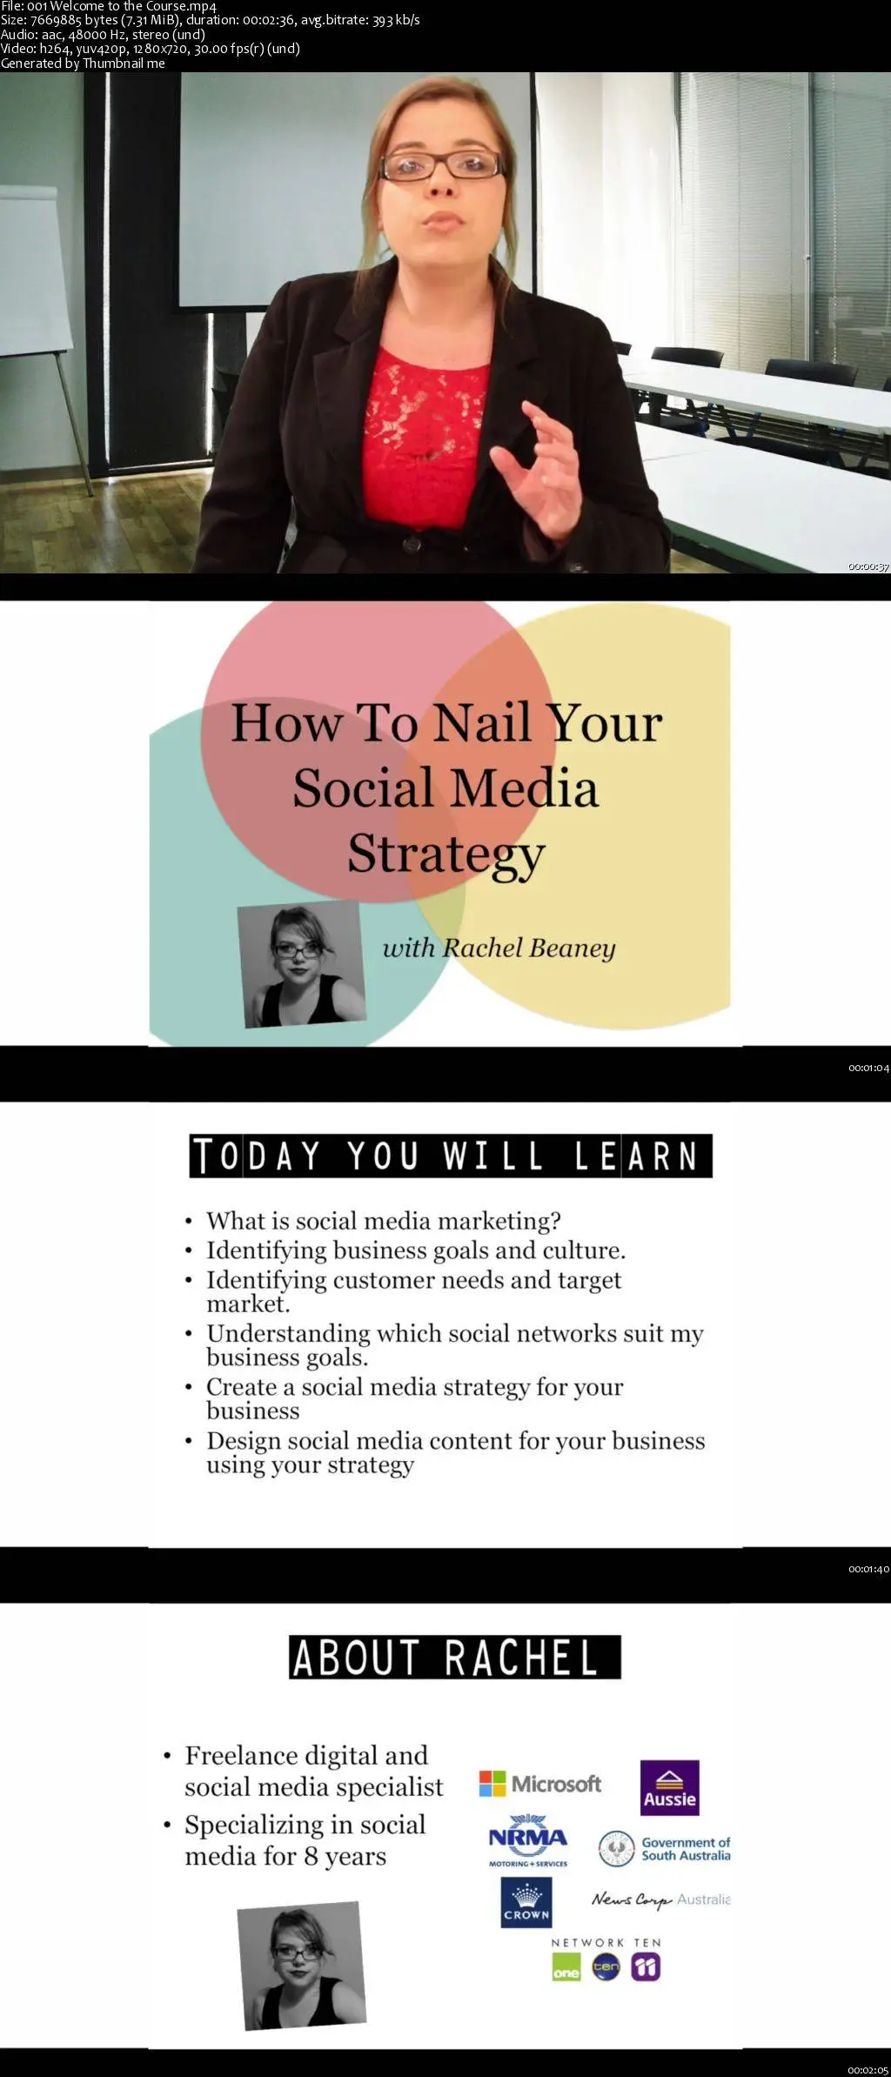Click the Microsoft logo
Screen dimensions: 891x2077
click(x=539, y=1784)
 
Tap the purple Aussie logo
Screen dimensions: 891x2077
click(x=670, y=1787)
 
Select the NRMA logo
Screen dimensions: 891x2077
click(x=527, y=1840)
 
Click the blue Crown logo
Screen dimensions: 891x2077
click(x=526, y=1901)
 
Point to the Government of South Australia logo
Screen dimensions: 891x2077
click(x=665, y=1849)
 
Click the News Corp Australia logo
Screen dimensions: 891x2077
click(x=661, y=1899)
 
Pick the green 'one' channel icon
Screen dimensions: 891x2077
click(x=566, y=1966)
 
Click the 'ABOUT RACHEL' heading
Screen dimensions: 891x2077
click(x=455, y=1657)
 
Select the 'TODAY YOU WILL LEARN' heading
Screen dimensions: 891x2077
click(x=451, y=1156)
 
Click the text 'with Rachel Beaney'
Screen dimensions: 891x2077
click(x=499, y=948)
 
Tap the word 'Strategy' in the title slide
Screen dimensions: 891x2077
click(x=446, y=854)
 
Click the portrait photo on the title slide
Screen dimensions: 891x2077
click(x=301, y=964)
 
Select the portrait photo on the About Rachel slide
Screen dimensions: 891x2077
click(x=301, y=1965)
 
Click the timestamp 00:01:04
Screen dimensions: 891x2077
click(x=868, y=1068)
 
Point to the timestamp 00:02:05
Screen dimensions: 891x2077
click(x=868, y=2070)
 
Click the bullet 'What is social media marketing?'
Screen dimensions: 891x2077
click(x=384, y=1221)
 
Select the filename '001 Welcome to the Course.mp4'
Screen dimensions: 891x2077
click(x=122, y=6)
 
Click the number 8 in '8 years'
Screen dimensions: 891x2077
click(x=311, y=1856)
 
